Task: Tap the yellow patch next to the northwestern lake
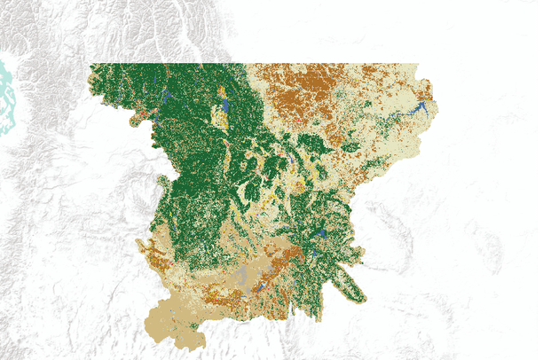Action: click(217, 115)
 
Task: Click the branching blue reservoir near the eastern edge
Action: click(417, 110)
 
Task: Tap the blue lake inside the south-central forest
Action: click(320, 235)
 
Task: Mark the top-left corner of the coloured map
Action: click(90, 65)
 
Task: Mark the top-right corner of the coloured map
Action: click(417, 65)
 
